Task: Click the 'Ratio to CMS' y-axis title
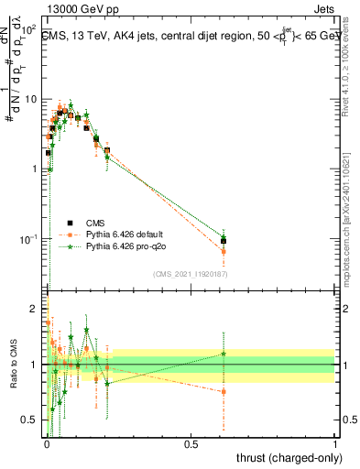[x=12, y=365]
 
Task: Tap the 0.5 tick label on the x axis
[x=191, y=444]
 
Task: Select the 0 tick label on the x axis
[x=46, y=444]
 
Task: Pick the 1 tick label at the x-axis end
[x=335, y=444]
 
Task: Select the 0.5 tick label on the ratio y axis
[x=30, y=420]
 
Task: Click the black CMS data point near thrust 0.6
[x=224, y=241]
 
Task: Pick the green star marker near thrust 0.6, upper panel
[x=224, y=236]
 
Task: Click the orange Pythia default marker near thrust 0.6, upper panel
[x=224, y=251]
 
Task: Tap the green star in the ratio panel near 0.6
[x=224, y=354]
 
